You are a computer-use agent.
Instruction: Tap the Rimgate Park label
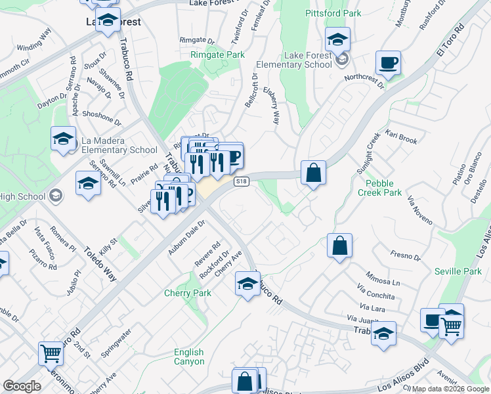(217, 55)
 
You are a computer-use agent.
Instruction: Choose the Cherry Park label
(188, 293)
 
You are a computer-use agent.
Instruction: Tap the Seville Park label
(458, 271)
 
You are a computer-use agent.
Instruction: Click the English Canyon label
(189, 357)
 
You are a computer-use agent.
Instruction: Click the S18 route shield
(241, 181)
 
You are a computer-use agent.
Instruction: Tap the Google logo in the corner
(22, 386)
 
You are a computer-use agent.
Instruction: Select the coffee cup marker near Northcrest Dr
(388, 64)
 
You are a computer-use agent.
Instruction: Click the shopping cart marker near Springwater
(51, 353)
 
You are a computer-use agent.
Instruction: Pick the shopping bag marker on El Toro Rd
(314, 173)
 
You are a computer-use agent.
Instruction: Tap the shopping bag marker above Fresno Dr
(339, 246)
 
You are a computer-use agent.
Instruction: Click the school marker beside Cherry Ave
(247, 284)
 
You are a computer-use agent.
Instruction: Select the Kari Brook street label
(402, 137)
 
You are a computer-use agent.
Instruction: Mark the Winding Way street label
(34, 39)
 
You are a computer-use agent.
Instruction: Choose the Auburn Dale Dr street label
(186, 236)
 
